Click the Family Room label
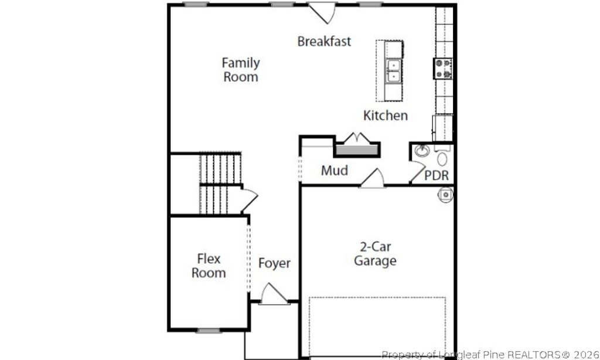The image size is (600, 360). (241, 69)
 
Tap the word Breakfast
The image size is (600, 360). (324, 41)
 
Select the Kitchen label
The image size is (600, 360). (386, 115)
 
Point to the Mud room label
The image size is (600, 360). (335, 171)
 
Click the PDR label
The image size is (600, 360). (437, 175)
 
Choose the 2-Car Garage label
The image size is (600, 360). (375, 254)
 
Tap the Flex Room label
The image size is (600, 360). (209, 266)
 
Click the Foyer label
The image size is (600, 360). (274, 263)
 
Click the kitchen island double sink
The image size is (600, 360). (394, 70)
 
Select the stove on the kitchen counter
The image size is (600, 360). (444, 68)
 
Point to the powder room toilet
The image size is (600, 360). (442, 157)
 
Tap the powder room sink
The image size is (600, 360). (421, 151)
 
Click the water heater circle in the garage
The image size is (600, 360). (446, 194)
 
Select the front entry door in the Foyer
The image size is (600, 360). (274, 295)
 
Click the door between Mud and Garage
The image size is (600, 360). (373, 179)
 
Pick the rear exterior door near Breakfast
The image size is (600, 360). (322, 12)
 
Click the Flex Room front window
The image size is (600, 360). (208, 331)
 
